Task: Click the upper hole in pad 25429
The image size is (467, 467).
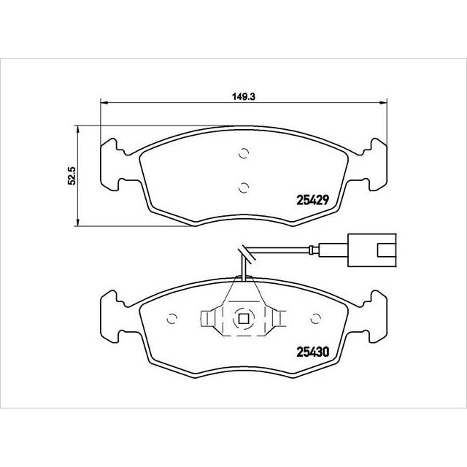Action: pyautogui.click(x=244, y=154)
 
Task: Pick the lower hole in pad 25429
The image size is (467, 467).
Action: pyautogui.click(x=244, y=186)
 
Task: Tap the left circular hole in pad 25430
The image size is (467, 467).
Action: pyautogui.click(x=173, y=319)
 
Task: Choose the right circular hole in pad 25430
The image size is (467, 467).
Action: pyautogui.click(x=316, y=319)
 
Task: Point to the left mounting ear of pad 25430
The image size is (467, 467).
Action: pyautogui.click(x=111, y=314)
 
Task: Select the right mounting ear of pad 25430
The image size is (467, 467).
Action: pyautogui.click(x=377, y=314)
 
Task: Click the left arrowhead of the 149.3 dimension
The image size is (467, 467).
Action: pyautogui.click(x=102, y=102)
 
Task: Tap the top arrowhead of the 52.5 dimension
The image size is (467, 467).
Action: pyautogui.click(x=78, y=128)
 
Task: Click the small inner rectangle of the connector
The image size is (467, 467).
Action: pyautogui.click(x=384, y=252)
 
